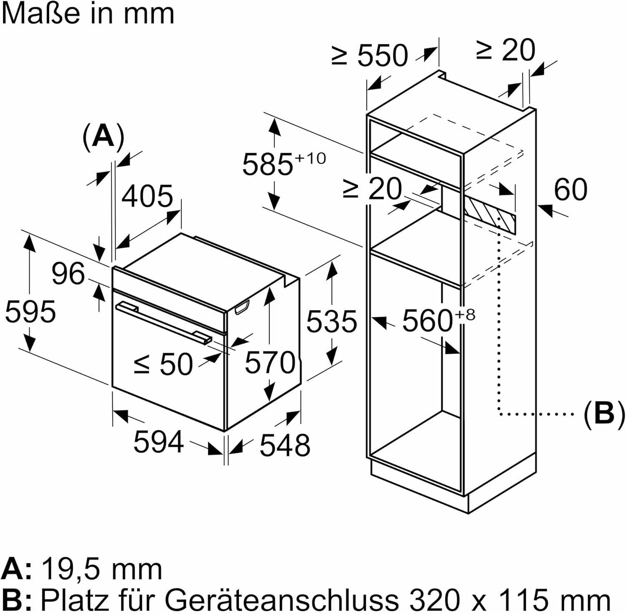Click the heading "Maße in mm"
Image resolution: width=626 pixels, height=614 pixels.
click(88, 13)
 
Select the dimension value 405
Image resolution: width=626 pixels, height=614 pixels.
click(147, 196)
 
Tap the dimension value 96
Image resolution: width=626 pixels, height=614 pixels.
click(68, 274)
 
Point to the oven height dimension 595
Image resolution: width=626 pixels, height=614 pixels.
click(30, 311)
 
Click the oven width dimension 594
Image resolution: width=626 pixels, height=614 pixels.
click(159, 442)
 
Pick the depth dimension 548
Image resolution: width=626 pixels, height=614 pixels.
click(285, 445)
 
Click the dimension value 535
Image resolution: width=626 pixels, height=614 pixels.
click(332, 321)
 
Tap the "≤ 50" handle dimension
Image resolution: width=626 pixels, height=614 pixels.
click(163, 364)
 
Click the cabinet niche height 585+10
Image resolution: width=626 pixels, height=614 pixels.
click(284, 164)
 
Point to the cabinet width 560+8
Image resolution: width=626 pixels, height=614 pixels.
click(437, 320)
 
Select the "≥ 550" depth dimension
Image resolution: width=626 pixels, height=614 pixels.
click(370, 56)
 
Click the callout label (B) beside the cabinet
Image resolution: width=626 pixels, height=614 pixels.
click(604, 414)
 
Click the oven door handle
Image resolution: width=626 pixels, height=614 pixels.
click(163, 321)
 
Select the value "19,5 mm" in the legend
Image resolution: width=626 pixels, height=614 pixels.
click(102, 569)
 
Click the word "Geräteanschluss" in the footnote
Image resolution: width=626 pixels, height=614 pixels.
click(282, 599)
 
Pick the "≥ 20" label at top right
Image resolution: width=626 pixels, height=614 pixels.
click(505, 51)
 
